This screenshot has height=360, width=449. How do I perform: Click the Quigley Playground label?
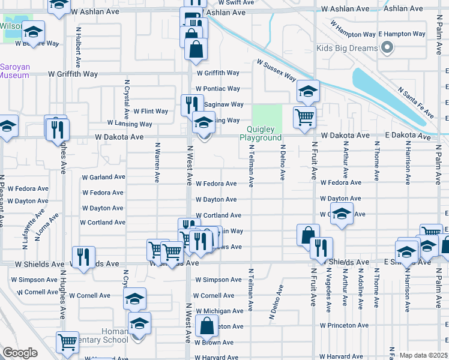(x=261, y=133)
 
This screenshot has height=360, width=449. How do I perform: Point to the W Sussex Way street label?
(x=277, y=70)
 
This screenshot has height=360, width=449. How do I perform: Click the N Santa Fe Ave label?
(x=415, y=101)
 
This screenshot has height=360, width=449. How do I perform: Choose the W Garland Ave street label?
(x=103, y=178)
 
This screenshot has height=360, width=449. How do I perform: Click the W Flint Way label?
(x=151, y=111)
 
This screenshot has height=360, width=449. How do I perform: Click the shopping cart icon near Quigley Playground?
(x=304, y=116)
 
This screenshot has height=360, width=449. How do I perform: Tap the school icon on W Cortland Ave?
(x=342, y=214)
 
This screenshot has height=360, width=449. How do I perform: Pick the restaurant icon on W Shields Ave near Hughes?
(x=82, y=257)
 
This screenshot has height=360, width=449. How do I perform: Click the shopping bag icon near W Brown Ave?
(x=206, y=327)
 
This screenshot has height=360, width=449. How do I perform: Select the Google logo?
(x=20, y=353)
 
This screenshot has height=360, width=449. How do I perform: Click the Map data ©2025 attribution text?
(x=423, y=355)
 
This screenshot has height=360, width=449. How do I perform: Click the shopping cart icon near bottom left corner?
(x=67, y=342)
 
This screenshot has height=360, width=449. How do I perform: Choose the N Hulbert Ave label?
(x=79, y=47)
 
